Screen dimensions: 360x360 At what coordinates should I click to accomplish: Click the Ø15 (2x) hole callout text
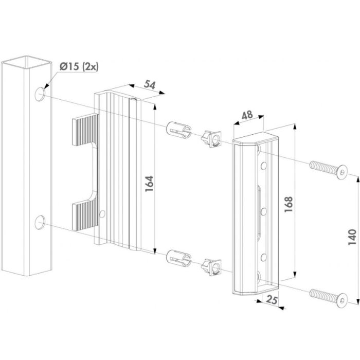pyautogui.click(x=79, y=66)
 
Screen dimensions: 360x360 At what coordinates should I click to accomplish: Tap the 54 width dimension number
pyautogui.click(x=150, y=85)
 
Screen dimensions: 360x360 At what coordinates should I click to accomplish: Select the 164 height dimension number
pyautogui.click(x=149, y=184)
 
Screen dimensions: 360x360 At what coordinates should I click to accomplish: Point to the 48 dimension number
pyautogui.click(x=247, y=115)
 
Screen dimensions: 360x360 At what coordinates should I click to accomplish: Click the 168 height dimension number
pyautogui.click(x=289, y=204)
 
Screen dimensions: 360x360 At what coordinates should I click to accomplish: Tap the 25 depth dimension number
pyautogui.click(x=272, y=300)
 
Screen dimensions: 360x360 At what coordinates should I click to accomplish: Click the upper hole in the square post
pyautogui.click(x=40, y=94)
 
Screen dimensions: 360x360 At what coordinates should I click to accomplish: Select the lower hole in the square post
pyautogui.click(x=40, y=223)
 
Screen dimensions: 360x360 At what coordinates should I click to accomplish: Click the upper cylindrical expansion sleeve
pyautogui.click(x=178, y=131)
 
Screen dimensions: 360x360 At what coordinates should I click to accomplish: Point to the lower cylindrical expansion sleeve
pyautogui.click(x=178, y=258)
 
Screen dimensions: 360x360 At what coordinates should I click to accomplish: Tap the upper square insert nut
pyautogui.click(x=211, y=139)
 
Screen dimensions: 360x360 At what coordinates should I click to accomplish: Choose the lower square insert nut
pyautogui.click(x=211, y=267)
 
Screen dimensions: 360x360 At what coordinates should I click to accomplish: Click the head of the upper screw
pyautogui.click(x=343, y=171)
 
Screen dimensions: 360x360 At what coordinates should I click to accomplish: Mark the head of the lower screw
pyautogui.click(x=343, y=300)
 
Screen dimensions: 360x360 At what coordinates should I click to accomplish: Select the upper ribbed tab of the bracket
pyautogui.click(x=85, y=130)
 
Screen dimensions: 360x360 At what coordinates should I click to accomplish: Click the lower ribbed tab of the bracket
pyautogui.click(x=85, y=214)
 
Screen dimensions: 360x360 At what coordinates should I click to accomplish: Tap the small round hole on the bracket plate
pyautogui.click(x=102, y=214)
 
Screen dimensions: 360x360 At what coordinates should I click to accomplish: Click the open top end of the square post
pyautogui.click(x=26, y=62)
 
